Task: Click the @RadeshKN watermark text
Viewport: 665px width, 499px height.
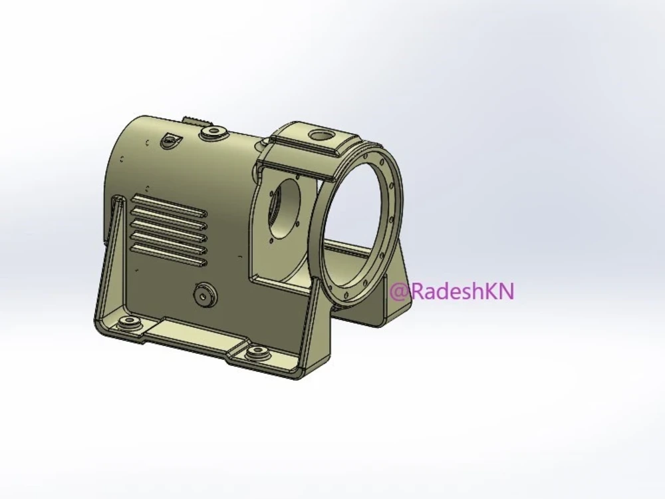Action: pyautogui.click(x=452, y=291)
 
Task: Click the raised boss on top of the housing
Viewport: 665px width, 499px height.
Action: pyautogui.click(x=213, y=132)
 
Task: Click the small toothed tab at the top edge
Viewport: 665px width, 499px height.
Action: pyautogui.click(x=197, y=120)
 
